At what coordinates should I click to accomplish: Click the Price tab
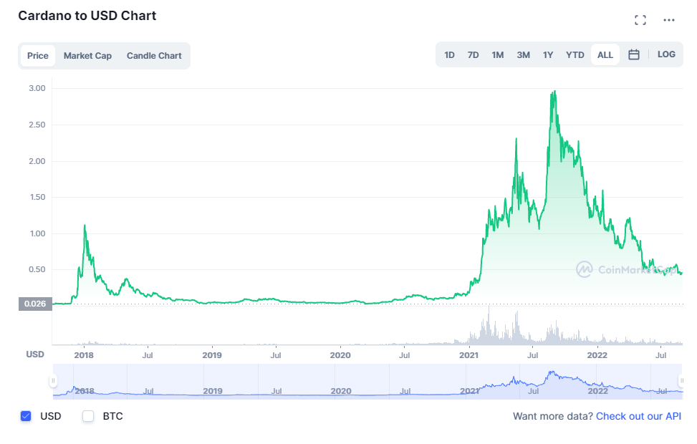tap(38, 56)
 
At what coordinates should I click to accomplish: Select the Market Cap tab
tap(87, 56)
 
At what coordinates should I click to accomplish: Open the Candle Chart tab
tap(154, 56)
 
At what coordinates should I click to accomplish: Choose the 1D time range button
tap(449, 55)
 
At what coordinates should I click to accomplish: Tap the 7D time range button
tap(473, 55)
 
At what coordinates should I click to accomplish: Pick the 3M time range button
tap(524, 55)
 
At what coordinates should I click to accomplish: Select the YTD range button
tap(575, 55)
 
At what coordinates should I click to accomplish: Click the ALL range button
tap(605, 55)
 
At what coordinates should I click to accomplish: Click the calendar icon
tap(634, 55)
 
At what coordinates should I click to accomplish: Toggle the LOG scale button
tap(666, 54)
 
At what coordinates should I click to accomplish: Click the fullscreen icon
tap(640, 20)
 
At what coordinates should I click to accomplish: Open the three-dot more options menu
tap(669, 20)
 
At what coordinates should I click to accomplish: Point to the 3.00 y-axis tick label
tap(37, 88)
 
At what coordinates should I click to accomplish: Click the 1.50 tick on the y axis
tap(37, 197)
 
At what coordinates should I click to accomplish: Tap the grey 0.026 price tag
tap(35, 304)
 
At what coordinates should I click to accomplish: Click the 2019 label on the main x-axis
tap(212, 354)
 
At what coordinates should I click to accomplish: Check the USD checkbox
tap(27, 416)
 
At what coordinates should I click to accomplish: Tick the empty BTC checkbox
tap(88, 416)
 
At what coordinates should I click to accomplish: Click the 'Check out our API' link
tap(638, 416)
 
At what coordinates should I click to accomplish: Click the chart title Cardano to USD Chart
tap(87, 16)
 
